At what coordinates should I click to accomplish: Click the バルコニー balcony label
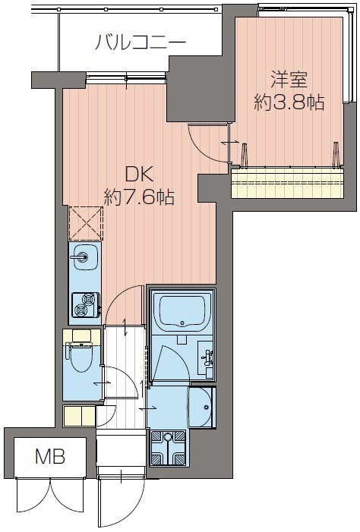click(x=141, y=42)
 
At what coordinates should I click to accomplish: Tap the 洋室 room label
click(x=289, y=80)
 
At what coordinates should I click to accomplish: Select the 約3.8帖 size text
click(x=289, y=102)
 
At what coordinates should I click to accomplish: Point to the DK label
click(x=139, y=176)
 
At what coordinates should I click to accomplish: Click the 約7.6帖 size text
click(x=139, y=197)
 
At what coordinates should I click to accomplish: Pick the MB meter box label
click(x=50, y=457)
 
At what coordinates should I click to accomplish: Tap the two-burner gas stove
click(x=86, y=304)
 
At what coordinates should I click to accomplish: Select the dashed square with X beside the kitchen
click(x=86, y=223)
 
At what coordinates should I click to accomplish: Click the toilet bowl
click(x=81, y=359)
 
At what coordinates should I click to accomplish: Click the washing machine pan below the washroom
click(x=168, y=448)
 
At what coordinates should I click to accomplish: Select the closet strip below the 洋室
click(x=287, y=183)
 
